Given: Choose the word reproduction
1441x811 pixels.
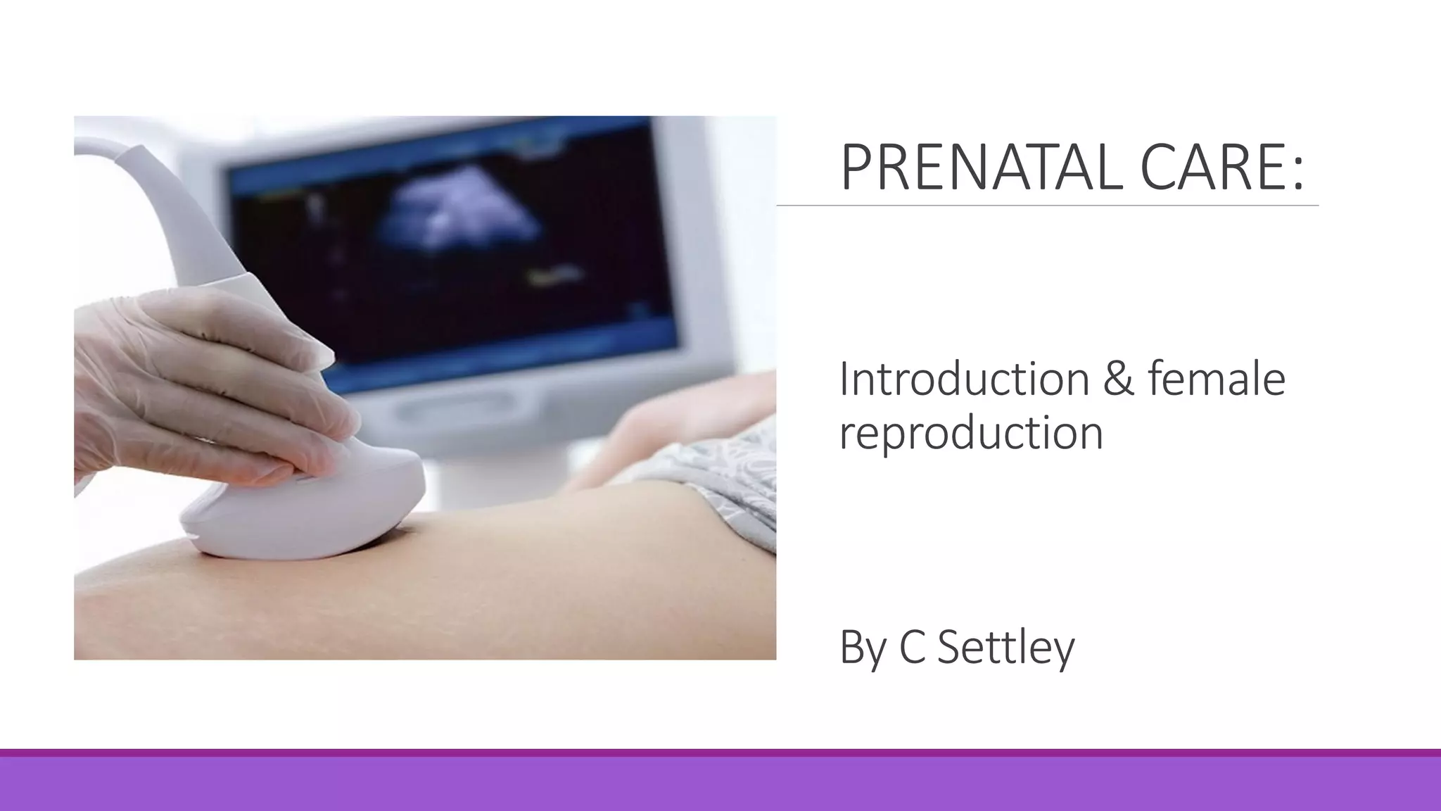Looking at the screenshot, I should [971, 433].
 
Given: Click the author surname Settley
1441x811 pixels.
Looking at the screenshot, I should [1006, 647].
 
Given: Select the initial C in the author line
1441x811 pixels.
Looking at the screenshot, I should [913, 647].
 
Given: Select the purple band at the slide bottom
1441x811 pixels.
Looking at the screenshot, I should [720, 783].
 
